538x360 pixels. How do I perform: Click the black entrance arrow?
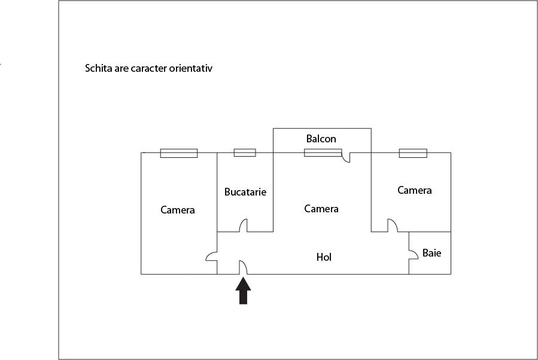[243, 291]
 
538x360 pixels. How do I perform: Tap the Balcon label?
[321, 139]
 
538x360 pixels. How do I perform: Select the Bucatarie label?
[245, 191]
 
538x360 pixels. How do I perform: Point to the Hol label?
[324, 257]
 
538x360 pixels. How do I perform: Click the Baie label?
[431, 253]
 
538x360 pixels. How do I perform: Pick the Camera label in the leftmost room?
[178, 210]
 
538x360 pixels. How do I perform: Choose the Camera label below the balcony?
[321, 209]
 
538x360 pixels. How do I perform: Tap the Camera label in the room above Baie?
[415, 190]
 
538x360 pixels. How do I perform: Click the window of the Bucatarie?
[245, 152]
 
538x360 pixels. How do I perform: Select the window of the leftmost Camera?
[179, 153]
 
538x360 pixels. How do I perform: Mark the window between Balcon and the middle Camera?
[323, 152]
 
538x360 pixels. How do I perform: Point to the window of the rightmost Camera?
[413, 153]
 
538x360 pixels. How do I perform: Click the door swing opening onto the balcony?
[346, 157]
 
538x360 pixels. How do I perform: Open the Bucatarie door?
[243, 225]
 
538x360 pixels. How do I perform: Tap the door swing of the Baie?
[414, 254]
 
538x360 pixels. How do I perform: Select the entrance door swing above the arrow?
[243, 267]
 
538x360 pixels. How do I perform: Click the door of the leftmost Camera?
[211, 256]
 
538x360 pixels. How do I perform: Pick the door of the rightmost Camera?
[393, 225]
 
